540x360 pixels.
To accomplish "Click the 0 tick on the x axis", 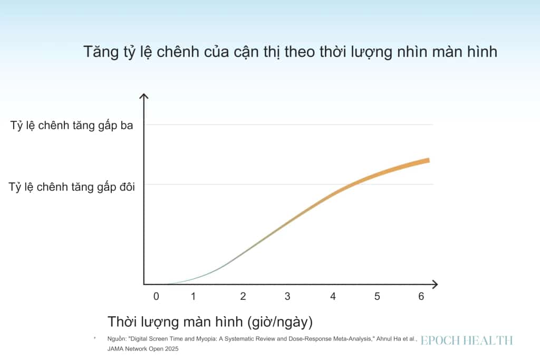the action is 156,296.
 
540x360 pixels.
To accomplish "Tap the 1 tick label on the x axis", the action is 193,296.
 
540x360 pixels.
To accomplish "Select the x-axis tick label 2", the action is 243,296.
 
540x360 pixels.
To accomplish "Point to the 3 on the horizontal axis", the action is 287,296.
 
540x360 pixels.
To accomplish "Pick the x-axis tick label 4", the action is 333,296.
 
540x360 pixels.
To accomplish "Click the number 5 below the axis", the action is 377,296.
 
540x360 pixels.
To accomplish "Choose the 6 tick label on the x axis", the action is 421,296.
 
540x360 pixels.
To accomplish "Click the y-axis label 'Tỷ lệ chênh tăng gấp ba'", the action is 72,125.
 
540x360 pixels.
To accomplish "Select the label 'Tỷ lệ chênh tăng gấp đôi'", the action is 72,187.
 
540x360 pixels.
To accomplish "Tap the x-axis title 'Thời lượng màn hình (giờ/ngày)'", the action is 210,322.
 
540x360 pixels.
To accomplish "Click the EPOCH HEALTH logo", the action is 467,340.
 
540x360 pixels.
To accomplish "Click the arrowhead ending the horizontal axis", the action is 436,284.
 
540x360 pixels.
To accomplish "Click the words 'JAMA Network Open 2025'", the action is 143,348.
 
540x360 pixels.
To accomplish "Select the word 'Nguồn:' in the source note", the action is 117,339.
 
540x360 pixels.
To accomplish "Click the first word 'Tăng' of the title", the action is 101,52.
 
